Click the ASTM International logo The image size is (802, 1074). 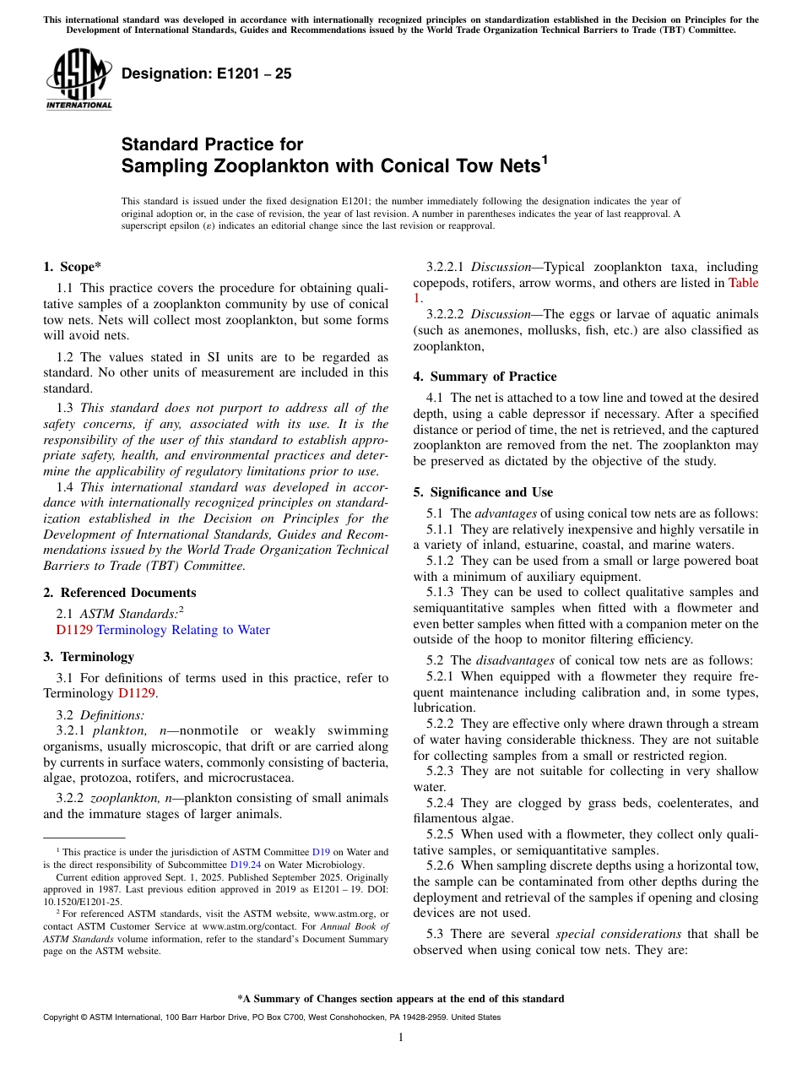79,79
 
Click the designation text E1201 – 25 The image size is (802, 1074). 207,73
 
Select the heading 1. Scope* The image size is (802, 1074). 73,267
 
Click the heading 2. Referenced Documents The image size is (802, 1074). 120,593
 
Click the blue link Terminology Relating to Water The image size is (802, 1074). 183,630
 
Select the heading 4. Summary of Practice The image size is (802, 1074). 485,377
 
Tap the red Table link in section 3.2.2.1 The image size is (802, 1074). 743,283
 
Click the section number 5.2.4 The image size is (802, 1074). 444,803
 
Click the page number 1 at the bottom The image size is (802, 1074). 401,1038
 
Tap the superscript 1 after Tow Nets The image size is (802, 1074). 545,159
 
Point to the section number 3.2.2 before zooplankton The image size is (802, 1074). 70,798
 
